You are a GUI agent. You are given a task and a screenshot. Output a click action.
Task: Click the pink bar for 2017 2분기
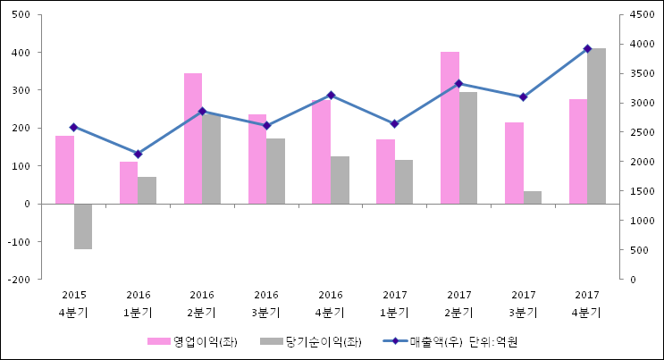(450, 128)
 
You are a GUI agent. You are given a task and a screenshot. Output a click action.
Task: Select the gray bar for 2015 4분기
(83, 226)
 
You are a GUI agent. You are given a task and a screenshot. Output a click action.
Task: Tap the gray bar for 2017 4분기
(596, 126)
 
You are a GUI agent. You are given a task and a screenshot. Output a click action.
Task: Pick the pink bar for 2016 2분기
(193, 138)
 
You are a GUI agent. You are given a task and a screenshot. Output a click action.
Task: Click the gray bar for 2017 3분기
(532, 197)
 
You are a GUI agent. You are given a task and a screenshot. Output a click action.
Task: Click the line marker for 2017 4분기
(587, 48)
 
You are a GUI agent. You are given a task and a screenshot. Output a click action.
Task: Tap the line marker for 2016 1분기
(138, 154)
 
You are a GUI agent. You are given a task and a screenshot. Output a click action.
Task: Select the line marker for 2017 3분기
(523, 96)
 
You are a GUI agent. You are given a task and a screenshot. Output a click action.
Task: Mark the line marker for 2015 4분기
(73, 127)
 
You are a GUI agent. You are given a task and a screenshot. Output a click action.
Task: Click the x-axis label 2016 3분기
(266, 303)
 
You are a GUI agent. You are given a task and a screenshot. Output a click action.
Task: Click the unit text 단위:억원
(493, 341)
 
